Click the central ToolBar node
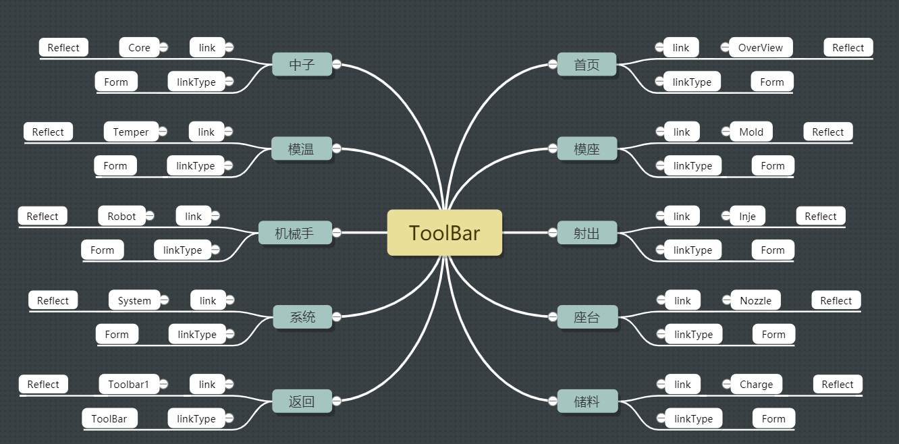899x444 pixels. pos(444,233)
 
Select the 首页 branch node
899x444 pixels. pos(587,65)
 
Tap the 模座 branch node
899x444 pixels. pos(587,149)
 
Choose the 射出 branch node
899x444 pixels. pos(587,233)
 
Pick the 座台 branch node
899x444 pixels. pos(587,317)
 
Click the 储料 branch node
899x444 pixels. pos(587,401)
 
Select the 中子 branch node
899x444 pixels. pos(302,65)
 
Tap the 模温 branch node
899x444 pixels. pos(301,149)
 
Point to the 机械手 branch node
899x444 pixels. pos(294,233)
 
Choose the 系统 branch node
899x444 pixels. pos(302,317)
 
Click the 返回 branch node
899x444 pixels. pos(302,401)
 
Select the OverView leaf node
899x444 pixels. pos(761,47)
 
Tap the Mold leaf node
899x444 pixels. pos(751,132)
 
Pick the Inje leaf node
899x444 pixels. pos(747,216)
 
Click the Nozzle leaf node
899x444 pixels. pos(755,300)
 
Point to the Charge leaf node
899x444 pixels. pos(756,384)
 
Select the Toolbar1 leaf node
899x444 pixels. pos(128,384)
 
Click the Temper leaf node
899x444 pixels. pos(130,132)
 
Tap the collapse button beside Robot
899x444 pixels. pos(150,216)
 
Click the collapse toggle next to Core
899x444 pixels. pos(163,47)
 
